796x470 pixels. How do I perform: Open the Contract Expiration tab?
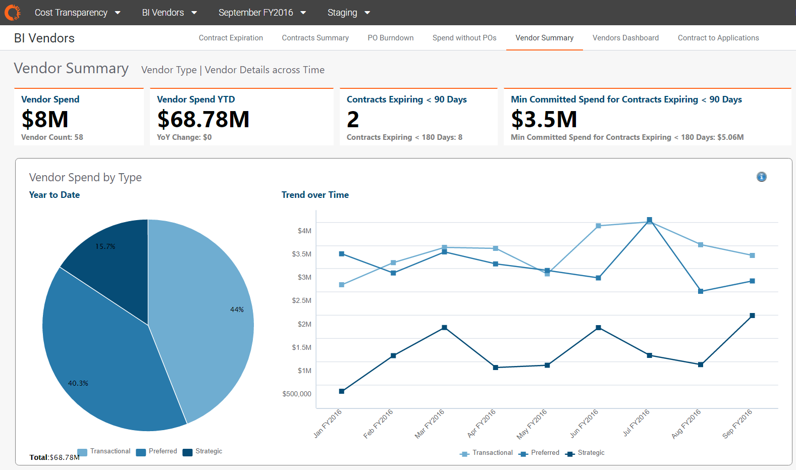pos(231,38)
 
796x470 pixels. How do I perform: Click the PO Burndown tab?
pos(390,38)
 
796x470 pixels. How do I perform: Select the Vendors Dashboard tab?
pos(625,38)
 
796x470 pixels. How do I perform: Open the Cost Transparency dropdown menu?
pos(77,13)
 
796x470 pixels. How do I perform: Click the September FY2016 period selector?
pos(262,13)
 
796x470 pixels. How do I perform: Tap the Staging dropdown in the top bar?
pos(348,13)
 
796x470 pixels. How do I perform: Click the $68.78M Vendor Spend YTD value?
pos(203,120)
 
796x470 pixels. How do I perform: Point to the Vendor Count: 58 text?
pos(52,137)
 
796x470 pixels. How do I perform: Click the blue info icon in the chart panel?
pos(761,177)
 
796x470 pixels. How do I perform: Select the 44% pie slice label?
pos(237,309)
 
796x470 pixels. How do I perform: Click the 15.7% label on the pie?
pos(105,246)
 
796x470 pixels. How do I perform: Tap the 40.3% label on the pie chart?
pos(78,383)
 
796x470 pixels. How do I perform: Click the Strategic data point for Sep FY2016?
pos(752,316)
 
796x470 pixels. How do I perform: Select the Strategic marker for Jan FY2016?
pos(342,391)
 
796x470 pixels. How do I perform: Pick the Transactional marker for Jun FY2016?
pos(598,226)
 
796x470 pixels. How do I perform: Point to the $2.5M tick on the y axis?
pos(301,300)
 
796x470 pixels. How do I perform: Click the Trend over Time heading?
pos(315,195)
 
